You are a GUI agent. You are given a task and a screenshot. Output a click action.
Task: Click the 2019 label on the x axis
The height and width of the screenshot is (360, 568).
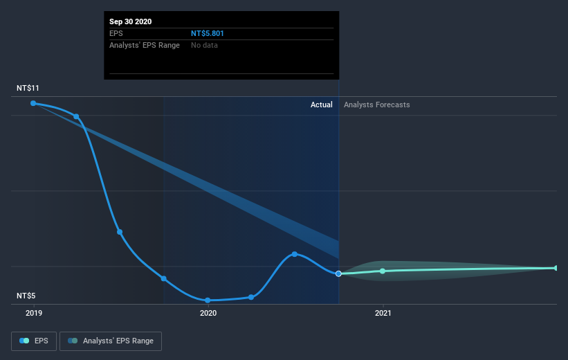33,314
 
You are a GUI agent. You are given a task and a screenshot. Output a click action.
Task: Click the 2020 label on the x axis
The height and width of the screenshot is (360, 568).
208,314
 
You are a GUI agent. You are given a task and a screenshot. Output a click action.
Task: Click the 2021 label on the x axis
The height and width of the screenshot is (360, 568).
383,314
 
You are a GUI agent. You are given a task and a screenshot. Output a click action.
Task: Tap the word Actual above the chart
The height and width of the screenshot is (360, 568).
321,105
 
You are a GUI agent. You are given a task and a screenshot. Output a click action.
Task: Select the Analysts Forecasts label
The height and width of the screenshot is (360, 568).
376,105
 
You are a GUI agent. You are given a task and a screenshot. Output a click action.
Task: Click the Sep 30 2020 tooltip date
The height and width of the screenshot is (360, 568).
130,21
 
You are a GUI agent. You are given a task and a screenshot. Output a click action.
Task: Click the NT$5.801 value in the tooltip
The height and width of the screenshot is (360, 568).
208,33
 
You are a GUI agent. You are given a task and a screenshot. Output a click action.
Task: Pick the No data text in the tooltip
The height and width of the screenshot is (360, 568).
205,46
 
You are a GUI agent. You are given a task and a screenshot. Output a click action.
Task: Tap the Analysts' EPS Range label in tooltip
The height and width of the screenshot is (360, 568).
145,46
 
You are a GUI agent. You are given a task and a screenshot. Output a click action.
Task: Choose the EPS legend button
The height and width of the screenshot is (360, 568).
34,341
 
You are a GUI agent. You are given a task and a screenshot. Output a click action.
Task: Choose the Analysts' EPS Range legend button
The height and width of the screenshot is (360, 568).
111,341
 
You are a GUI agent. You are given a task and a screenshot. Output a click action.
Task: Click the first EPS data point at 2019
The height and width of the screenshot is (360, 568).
33,103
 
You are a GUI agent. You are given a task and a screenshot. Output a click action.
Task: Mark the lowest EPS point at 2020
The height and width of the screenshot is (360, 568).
208,300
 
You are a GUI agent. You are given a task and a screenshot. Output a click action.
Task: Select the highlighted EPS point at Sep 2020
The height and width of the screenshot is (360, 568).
338,273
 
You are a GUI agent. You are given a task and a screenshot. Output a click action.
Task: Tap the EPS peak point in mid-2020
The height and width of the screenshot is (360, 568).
295,254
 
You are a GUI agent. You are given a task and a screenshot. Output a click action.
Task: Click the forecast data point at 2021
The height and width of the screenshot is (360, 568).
383,271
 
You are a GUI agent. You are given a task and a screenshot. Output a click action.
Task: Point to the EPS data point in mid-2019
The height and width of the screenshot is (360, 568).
120,232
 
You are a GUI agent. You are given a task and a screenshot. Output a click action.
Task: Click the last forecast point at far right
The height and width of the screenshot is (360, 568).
556,268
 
